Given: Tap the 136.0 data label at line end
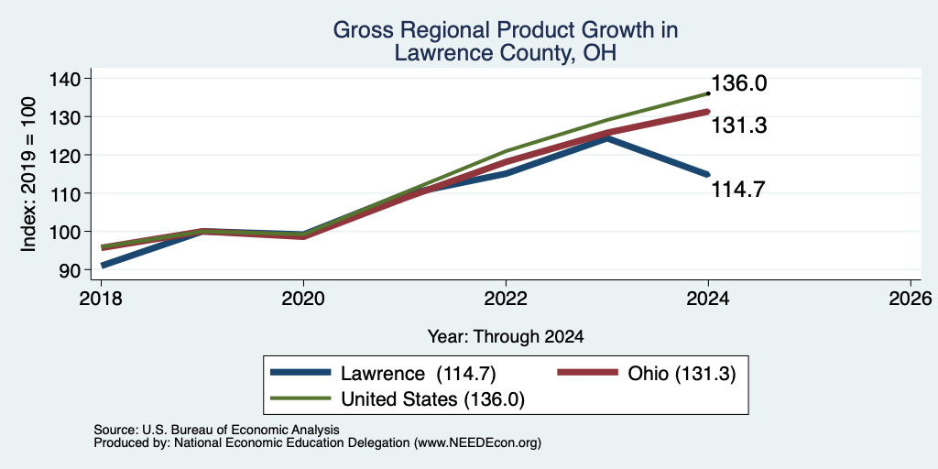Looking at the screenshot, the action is click(739, 83).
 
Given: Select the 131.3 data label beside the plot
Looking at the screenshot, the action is click(739, 125).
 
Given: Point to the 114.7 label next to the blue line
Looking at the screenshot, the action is click(739, 190).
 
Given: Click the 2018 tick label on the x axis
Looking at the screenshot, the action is click(101, 298).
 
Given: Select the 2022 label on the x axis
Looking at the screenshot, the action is click(506, 298).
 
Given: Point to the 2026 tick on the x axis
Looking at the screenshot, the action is click(911, 298).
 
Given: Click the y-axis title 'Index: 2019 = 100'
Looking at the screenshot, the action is click(29, 174).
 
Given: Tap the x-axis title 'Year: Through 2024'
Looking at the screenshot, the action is click(506, 337).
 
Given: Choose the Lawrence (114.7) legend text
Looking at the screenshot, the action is click(418, 374).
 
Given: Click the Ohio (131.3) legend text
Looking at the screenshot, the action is click(682, 374).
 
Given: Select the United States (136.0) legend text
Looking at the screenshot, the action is click(432, 399).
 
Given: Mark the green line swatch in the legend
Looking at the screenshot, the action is click(300, 398).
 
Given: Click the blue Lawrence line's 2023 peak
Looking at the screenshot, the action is click(607, 138).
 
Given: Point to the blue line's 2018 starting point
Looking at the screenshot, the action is click(102, 265).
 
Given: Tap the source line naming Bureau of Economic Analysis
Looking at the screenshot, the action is click(216, 430).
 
